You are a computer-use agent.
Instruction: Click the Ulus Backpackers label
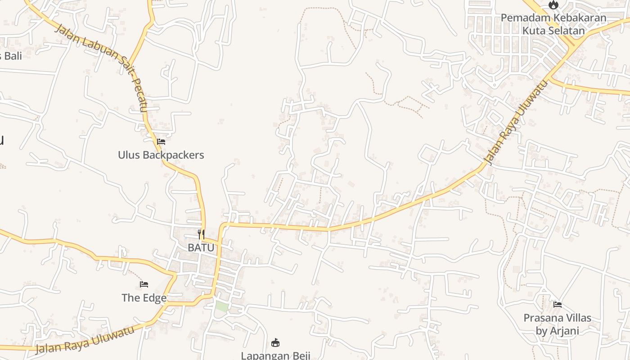click(x=161, y=155)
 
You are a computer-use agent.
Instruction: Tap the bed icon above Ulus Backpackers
click(x=161, y=142)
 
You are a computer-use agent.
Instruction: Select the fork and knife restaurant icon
click(x=201, y=234)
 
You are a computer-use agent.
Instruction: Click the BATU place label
click(x=201, y=247)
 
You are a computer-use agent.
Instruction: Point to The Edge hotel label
click(x=144, y=297)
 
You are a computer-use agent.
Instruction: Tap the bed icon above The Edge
click(x=144, y=284)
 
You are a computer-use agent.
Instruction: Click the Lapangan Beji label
click(x=275, y=355)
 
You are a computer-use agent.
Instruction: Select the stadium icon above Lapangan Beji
click(x=275, y=343)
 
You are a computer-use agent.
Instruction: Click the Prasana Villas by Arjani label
click(x=557, y=324)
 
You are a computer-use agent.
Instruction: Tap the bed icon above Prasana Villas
click(x=558, y=305)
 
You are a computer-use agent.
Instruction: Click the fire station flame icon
click(x=553, y=5)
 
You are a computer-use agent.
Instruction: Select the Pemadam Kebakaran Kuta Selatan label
click(x=553, y=24)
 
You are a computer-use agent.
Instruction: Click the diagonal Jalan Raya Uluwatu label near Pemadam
click(x=517, y=121)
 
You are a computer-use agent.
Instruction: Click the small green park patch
click(x=221, y=306)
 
